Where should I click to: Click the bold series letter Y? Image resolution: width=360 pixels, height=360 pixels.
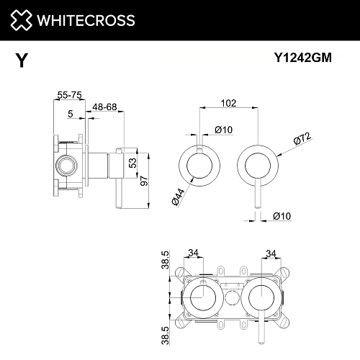22,60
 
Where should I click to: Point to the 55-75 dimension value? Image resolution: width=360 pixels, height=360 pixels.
68,94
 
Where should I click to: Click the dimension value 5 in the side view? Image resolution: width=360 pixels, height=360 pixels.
70,113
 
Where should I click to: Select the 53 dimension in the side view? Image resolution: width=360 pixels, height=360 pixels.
132,162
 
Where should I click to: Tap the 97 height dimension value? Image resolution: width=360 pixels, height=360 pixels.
143,180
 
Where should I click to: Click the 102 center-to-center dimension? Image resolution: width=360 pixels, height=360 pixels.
228,103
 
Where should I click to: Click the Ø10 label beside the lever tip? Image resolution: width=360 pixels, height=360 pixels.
281,215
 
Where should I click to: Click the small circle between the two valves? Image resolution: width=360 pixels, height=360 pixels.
231,299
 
